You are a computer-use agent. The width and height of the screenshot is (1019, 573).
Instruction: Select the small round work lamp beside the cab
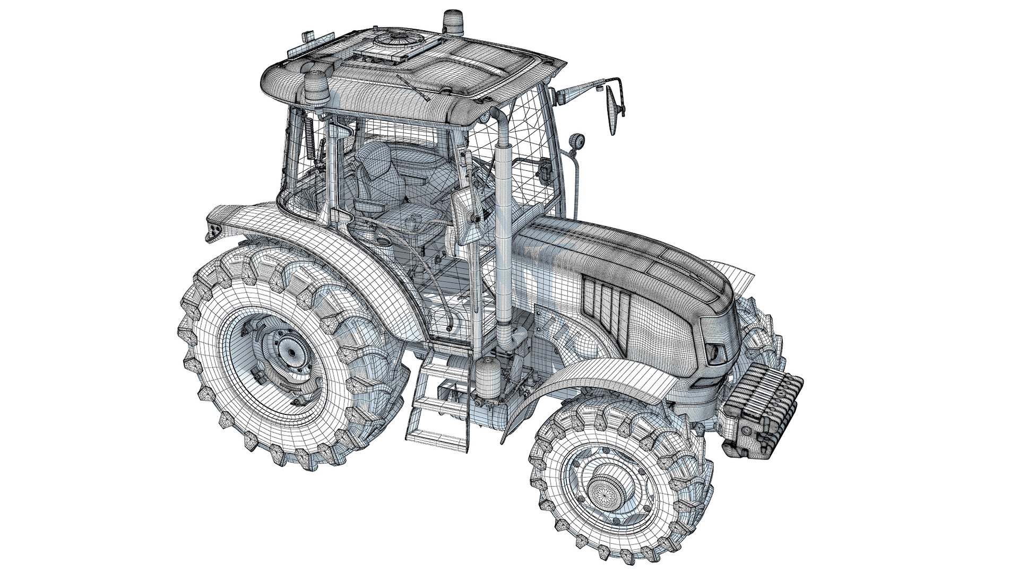pyautogui.click(x=574, y=142)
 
